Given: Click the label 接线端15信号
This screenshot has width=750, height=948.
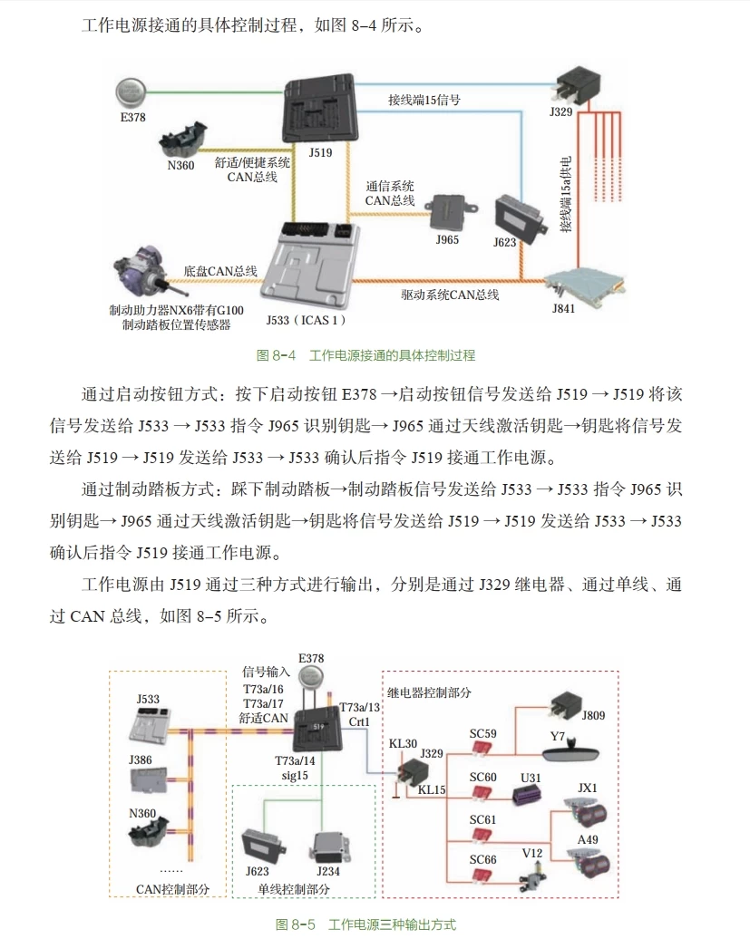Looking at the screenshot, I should (x=424, y=100).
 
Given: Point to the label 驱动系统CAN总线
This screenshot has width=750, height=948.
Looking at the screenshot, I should (x=450, y=295).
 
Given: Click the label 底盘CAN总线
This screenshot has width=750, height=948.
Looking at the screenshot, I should (x=220, y=270).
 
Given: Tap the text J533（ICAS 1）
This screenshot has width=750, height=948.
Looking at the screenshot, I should (x=306, y=320).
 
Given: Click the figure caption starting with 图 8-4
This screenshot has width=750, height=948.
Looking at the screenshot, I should (x=366, y=355).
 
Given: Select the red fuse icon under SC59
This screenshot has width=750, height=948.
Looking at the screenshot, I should (x=482, y=749).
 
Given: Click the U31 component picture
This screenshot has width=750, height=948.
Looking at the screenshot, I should (x=527, y=797).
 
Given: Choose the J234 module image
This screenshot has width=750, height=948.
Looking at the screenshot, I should (x=329, y=848).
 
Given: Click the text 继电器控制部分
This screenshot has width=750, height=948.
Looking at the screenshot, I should (x=429, y=692).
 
